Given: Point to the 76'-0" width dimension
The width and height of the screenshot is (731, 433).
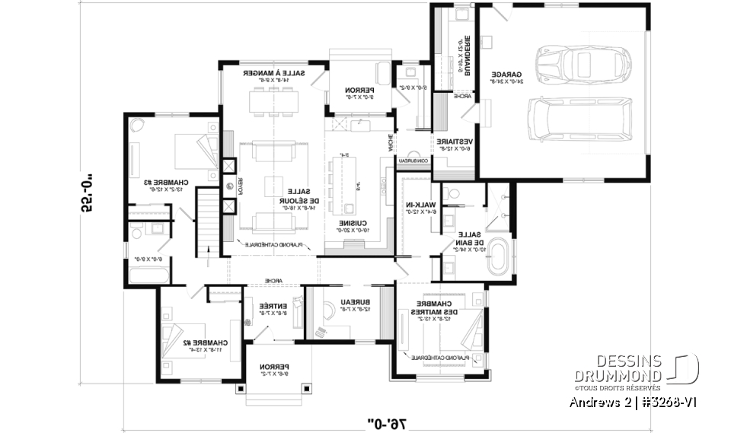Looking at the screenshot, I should pos(388,421).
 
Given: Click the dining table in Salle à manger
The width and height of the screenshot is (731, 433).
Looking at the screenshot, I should pos(274,99).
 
